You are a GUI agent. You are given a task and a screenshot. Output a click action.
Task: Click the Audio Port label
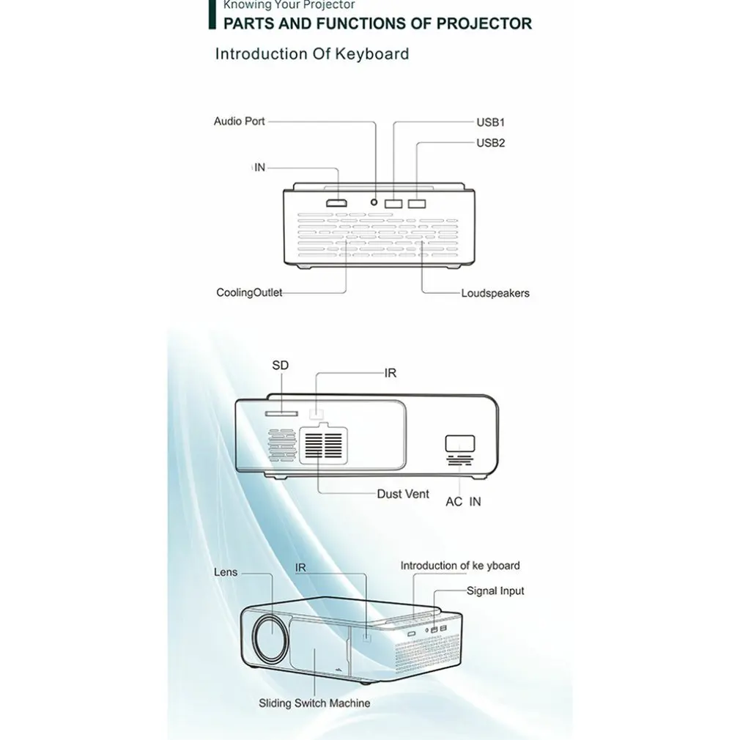tap(239, 121)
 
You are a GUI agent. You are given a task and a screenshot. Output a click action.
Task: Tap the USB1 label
tap(491, 122)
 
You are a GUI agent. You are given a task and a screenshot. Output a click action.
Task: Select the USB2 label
tap(491, 142)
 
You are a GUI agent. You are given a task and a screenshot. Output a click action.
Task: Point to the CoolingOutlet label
tap(249, 293)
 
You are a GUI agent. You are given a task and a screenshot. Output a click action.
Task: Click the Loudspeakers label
tap(495, 293)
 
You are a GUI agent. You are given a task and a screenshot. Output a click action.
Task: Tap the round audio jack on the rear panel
tap(376, 202)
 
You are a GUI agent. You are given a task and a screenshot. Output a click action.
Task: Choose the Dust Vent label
tap(403, 494)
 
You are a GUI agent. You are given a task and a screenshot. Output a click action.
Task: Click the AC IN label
tap(464, 503)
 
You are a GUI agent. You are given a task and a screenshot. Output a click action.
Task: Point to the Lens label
tap(226, 571)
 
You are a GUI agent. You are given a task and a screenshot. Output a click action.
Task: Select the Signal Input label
tap(495, 591)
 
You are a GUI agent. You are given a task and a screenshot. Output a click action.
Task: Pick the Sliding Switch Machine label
tap(314, 703)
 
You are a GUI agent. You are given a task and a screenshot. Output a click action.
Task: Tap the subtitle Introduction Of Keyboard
tap(311, 53)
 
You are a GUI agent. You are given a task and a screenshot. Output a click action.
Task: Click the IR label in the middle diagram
tap(391, 373)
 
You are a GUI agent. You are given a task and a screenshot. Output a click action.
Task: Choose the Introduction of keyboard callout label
tap(460, 566)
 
